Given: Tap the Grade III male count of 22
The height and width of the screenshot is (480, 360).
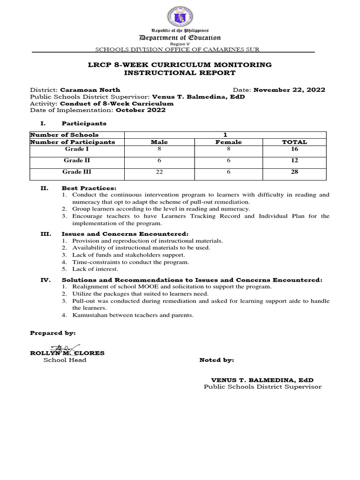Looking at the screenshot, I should (x=159, y=172).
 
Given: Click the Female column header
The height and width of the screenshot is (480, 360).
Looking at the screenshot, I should (x=228, y=142).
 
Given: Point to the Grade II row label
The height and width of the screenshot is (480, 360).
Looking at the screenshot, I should (x=74, y=160).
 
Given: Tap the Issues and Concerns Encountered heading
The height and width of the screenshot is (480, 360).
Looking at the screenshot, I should (x=125, y=234).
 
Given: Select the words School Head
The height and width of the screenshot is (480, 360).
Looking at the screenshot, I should (x=65, y=360).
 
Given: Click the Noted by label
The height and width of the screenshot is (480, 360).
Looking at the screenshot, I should (x=217, y=360).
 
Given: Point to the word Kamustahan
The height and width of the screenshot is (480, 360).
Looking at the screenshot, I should (x=92, y=315).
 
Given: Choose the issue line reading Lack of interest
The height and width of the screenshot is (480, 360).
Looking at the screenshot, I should (x=95, y=269).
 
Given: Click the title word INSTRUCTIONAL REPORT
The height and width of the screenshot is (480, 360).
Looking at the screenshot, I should (x=180, y=73).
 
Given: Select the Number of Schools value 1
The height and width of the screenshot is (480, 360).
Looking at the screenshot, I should (x=225, y=135).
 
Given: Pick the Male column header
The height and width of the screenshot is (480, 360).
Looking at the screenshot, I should (x=159, y=142).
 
